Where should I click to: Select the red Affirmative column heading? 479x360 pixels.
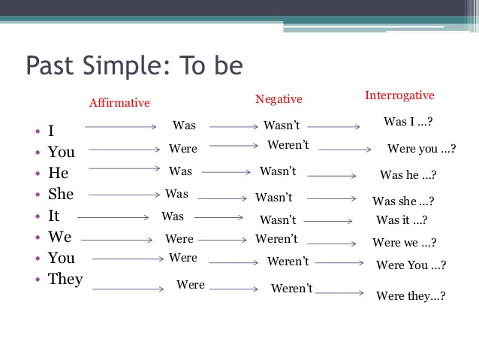click(119, 103)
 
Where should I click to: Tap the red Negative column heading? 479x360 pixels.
click(279, 99)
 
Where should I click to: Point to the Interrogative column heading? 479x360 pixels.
click(399, 95)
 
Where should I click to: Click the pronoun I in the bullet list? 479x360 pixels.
click(51, 131)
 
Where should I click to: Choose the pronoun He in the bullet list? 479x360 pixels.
click(58, 173)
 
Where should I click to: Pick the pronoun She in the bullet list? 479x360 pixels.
click(61, 194)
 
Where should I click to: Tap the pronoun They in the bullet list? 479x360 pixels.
click(65, 279)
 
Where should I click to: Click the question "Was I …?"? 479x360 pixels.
click(408, 121)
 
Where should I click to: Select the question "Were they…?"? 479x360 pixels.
click(411, 295)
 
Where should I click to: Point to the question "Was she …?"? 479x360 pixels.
click(403, 201)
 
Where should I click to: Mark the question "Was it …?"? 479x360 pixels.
click(402, 220)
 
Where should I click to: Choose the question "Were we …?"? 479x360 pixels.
click(404, 243)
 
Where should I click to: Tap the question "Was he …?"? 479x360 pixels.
click(408, 175)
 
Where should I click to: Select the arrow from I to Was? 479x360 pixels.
click(120, 128)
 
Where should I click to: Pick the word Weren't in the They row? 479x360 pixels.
click(291, 289)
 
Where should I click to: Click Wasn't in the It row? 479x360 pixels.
click(278, 220)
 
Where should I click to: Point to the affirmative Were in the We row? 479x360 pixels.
click(179, 239)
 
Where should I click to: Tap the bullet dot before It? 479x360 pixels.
click(36, 216)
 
